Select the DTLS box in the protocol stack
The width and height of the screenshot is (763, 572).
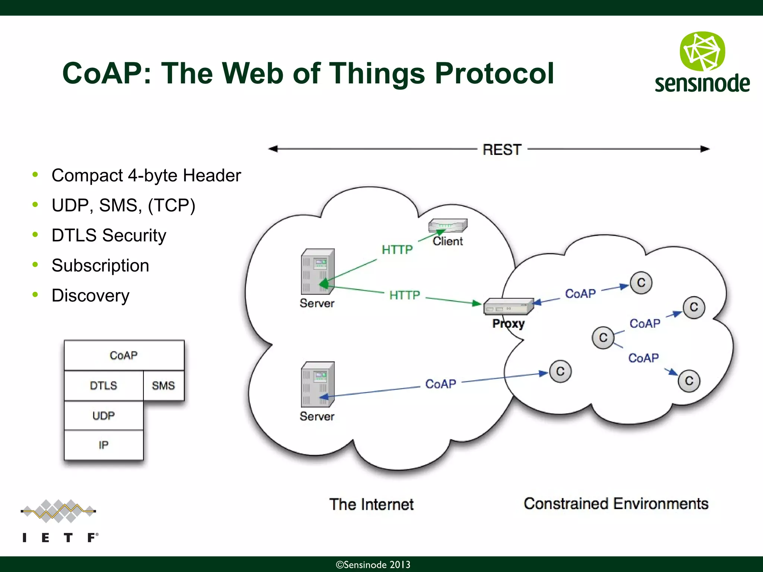(104, 385)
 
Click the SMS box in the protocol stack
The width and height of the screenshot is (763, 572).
(163, 385)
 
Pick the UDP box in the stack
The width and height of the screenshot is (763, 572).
(104, 415)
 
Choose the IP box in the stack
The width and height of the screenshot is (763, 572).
(104, 445)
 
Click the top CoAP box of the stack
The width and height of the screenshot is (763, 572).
(124, 355)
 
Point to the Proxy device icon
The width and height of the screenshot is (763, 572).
(508, 306)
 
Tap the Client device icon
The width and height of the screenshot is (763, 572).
(447, 226)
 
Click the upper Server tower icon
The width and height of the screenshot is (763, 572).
(317, 272)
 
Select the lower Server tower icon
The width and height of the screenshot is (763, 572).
(317, 385)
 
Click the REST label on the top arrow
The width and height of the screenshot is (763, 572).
(502, 150)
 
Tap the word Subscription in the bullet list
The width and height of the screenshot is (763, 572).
(100, 266)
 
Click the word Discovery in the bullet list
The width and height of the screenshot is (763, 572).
(91, 296)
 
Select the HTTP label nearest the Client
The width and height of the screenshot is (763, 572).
(397, 250)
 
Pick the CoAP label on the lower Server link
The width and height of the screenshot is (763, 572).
(441, 384)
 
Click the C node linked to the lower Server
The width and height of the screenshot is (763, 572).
(560, 371)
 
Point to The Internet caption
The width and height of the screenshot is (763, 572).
(371, 504)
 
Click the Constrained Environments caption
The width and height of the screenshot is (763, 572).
(615, 503)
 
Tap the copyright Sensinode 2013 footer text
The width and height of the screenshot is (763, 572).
(373, 565)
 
